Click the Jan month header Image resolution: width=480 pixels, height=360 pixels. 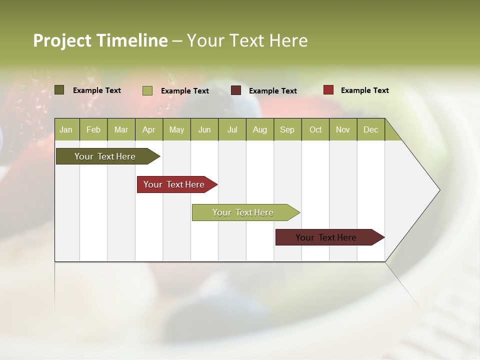click(x=66, y=129)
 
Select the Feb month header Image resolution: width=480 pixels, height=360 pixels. click(x=93, y=129)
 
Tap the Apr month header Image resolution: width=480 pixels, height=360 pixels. click(x=148, y=129)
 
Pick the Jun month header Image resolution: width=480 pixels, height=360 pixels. click(x=204, y=129)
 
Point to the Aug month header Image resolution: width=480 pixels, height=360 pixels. click(x=259, y=129)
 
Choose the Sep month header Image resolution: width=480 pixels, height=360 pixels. click(x=287, y=129)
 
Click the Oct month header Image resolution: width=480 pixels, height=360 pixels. click(x=315, y=129)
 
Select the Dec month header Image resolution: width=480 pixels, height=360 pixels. click(x=370, y=129)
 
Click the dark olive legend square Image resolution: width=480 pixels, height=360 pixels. click(x=59, y=90)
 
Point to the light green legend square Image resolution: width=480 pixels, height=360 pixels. click(x=147, y=90)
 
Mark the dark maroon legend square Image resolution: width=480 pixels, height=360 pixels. click(x=236, y=90)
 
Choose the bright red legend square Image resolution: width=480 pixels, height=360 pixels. click(x=328, y=90)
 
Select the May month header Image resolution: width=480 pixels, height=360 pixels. click(x=176, y=129)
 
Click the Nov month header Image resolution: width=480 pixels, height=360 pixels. click(x=343, y=129)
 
